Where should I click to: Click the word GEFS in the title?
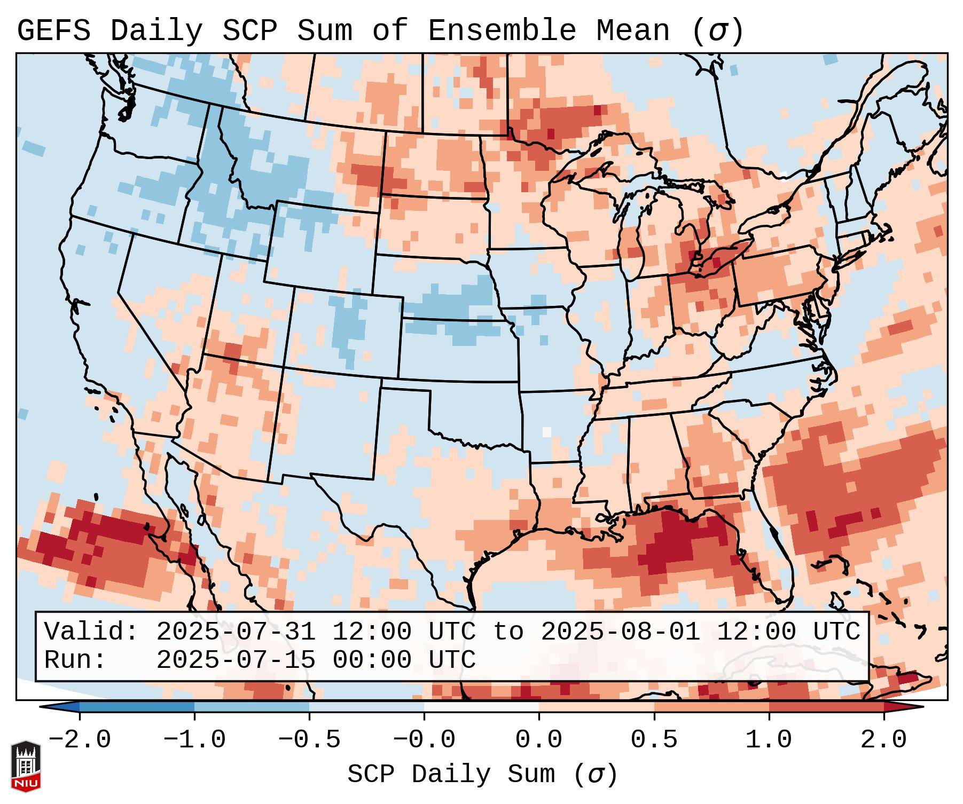[x=53, y=31]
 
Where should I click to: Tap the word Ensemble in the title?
[x=502, y=31]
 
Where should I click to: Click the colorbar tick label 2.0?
[x=883, y=740]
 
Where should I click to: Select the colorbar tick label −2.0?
[x=80, y=740]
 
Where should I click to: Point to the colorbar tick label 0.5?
[x=654, y=740]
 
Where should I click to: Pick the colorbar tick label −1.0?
[x=194, y=740]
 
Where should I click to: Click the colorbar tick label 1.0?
[x=769, y=740]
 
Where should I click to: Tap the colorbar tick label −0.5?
[x=309, y=740]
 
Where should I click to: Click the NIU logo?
[x=26, y=766]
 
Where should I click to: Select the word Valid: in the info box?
[x=91, y=632]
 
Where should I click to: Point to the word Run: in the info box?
[x=75, y=660]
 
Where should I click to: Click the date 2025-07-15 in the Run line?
[x=236, y=660]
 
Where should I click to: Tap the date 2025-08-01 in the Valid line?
[x=620, y=632]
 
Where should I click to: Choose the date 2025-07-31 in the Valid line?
[x=236, y=632]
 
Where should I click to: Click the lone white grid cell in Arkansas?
[x=546, y=432]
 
